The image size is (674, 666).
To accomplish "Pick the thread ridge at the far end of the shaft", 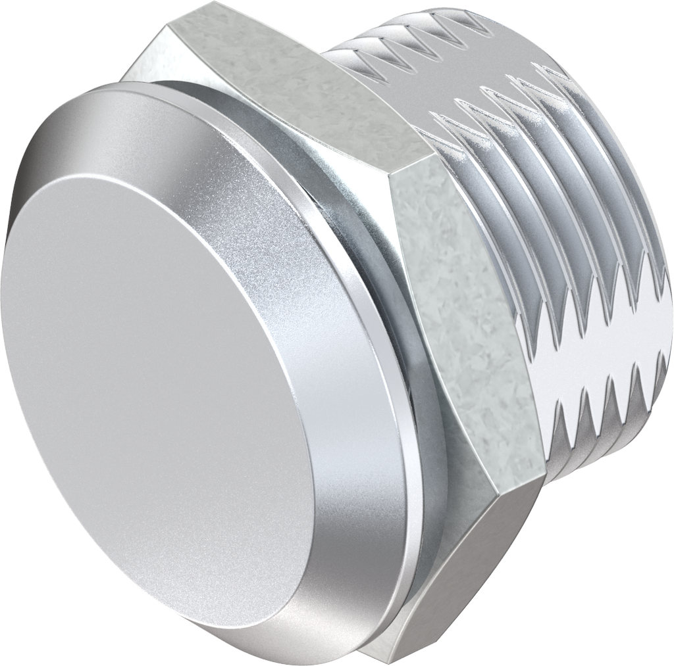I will point(632,197).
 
